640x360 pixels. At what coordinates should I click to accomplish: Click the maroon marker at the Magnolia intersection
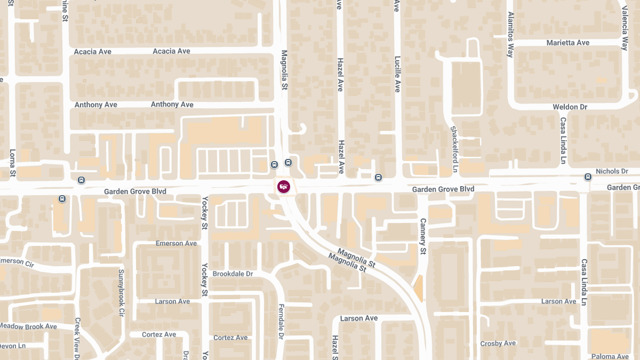[x=284, y=187]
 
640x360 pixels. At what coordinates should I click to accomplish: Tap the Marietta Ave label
[x=568, y=43]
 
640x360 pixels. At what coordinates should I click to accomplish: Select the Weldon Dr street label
[x=570, y=107]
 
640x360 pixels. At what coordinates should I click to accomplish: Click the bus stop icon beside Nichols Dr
[x=588, y=177]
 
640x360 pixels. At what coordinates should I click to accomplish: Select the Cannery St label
[x=423, y=236]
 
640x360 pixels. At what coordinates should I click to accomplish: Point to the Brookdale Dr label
[x=233, y=274]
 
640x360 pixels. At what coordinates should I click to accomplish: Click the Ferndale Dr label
[x=281, y=322]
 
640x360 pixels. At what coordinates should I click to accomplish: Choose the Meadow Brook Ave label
[x=28, y=326]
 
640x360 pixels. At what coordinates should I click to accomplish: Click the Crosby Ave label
[x=498, y=343]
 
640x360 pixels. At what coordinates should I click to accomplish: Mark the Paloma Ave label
[x=610, y=356]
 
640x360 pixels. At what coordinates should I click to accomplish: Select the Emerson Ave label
[x=176, y=243]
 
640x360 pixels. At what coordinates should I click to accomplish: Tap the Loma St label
[x=13, y=163]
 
